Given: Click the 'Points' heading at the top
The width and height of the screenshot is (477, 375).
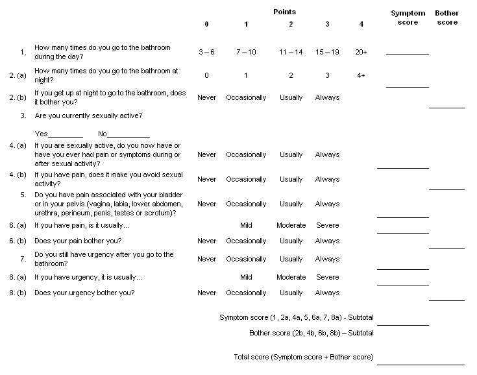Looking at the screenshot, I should [284, 12].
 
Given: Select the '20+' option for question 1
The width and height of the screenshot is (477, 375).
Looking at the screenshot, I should [361, 51].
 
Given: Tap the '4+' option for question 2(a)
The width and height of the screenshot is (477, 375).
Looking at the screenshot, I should [361, 75].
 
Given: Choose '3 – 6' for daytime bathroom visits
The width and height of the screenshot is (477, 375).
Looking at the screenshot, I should [206, 51].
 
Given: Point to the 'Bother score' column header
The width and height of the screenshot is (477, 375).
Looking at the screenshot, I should [446, 18].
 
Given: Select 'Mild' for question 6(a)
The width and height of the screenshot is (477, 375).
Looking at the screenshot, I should [246, 226].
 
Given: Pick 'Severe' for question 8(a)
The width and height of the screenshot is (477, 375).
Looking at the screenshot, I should [327, 278].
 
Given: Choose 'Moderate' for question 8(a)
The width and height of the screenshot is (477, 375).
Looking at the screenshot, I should [291, 278].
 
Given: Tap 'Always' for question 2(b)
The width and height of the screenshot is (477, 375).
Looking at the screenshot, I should [327, 98].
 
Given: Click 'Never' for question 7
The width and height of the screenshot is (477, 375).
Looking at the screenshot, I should [206, 260].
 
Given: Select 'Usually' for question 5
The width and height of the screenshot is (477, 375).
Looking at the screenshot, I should [291, 204].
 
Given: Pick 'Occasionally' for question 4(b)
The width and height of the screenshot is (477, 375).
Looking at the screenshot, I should [246, 180].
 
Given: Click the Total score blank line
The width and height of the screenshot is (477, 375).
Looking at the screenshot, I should [420, 364].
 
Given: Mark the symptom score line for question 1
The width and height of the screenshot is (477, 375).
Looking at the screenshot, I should [407, 54].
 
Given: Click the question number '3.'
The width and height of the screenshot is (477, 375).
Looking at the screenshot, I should [23, 116].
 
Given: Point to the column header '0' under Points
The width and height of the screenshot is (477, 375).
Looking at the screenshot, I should [206, 25].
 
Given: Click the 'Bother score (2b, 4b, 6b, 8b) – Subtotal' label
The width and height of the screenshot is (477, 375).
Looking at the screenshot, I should [311, 333].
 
